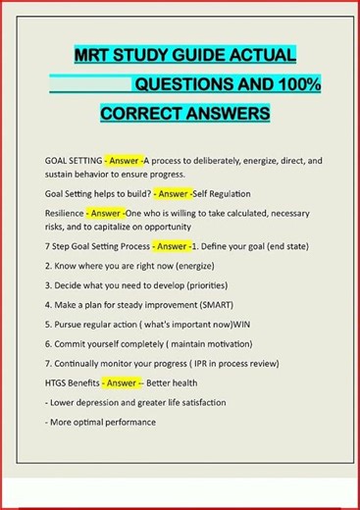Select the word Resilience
pyautogui.click(x=64, y=212)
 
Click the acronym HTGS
pyautogui.click(x=59, y=382)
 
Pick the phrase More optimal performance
pyautogui.click(x=103, y=422)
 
